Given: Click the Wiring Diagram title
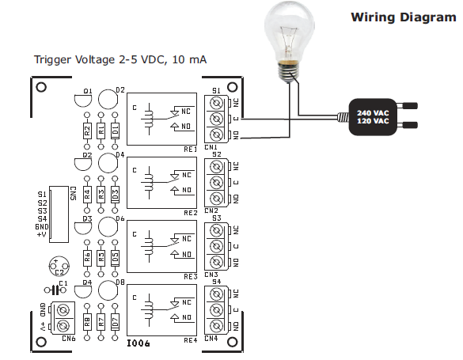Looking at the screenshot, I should pos(403,17).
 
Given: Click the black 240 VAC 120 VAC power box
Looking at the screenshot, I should pos(371,116).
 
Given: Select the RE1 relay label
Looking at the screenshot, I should pos(190,149).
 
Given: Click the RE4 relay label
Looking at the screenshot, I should pos(190,340).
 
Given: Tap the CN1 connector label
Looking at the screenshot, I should pos(211,148).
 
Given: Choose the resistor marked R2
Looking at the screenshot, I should pos(87,131).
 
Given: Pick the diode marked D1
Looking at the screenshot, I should pos(115,131).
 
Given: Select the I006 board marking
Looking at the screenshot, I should pos(139,343).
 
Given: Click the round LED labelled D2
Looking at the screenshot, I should pos(107,100).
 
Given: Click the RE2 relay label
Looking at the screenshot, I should pos(190,213).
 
